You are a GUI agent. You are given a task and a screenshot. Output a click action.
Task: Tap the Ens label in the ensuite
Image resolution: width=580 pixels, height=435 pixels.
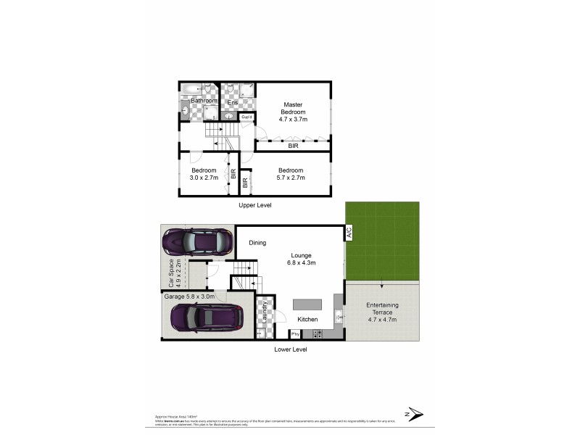pyautogui.click(x=232, y=103)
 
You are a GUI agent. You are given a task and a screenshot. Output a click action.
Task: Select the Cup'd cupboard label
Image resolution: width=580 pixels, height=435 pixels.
pyautogui.click(x=246, y=117)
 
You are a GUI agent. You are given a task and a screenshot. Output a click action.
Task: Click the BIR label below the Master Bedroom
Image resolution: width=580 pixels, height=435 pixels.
pyautogui.click(x=293, y=146)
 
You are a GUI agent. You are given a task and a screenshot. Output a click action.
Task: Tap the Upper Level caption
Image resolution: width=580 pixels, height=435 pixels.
pyautogui.click(x=255, y=205)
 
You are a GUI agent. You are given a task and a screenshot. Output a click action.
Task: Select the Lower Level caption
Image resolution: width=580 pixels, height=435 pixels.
pyautogui.click(x=291, y=349)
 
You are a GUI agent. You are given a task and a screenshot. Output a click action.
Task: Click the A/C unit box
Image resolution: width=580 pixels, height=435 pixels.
pyautogui.click(x=348, y=233)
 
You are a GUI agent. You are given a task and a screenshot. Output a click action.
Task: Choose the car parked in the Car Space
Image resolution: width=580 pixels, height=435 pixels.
pyautogui.click(x=196, y=241)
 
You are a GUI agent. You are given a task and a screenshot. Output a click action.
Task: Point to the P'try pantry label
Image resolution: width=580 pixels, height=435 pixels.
pyautogui.click(x=295, y=334)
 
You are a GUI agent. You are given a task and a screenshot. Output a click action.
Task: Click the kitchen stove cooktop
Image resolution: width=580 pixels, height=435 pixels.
pyautogui.click(x=317, y=333)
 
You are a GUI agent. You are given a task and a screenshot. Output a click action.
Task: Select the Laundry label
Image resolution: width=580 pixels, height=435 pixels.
pyautogui.click(x=265, y=312)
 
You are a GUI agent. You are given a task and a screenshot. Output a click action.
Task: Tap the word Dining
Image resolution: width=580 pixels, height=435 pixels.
pyautogui.click(x=257, y=244)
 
